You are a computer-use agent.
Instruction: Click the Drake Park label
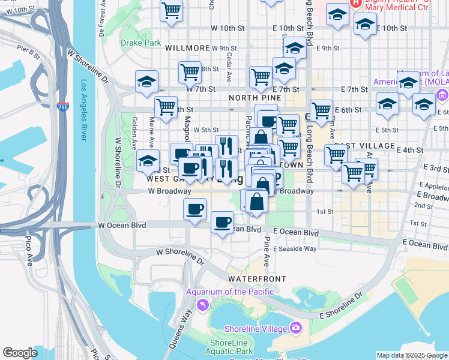pos(140,43)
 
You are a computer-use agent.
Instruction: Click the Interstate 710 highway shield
pos(63,107)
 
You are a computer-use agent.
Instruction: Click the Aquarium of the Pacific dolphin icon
pos(204,305)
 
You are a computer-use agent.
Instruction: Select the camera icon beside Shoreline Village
pos(295,328)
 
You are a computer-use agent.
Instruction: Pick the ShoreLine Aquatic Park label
pos(229,347)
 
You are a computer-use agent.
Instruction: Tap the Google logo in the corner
pos(20,353)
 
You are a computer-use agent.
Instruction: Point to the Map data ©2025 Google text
pos(412,355)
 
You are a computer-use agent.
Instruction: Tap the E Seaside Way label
pos(295,248)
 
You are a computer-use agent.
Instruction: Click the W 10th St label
pos(228,28)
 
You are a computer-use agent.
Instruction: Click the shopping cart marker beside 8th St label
pos(190,72)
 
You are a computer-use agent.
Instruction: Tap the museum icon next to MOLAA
pos(442,95)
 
